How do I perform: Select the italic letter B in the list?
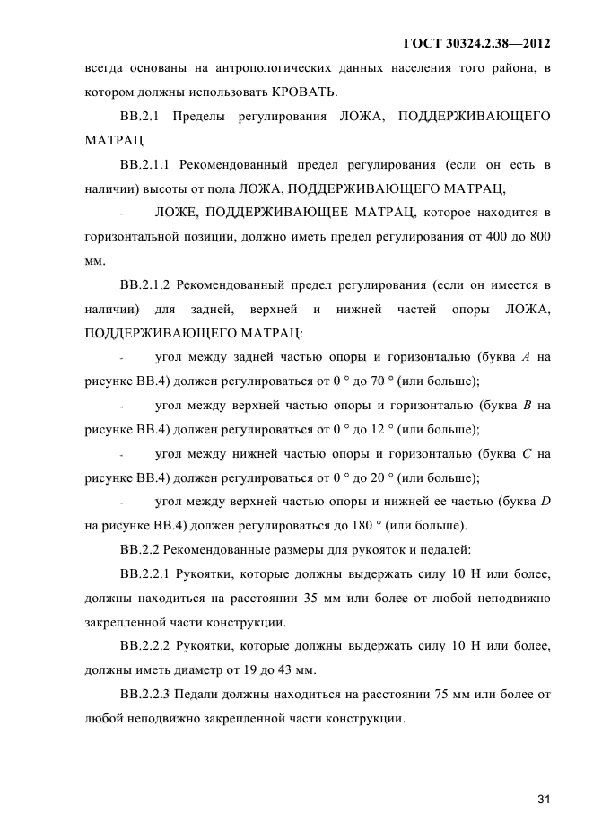[x=528, y=405]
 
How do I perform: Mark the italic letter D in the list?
[x=545, y=501]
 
